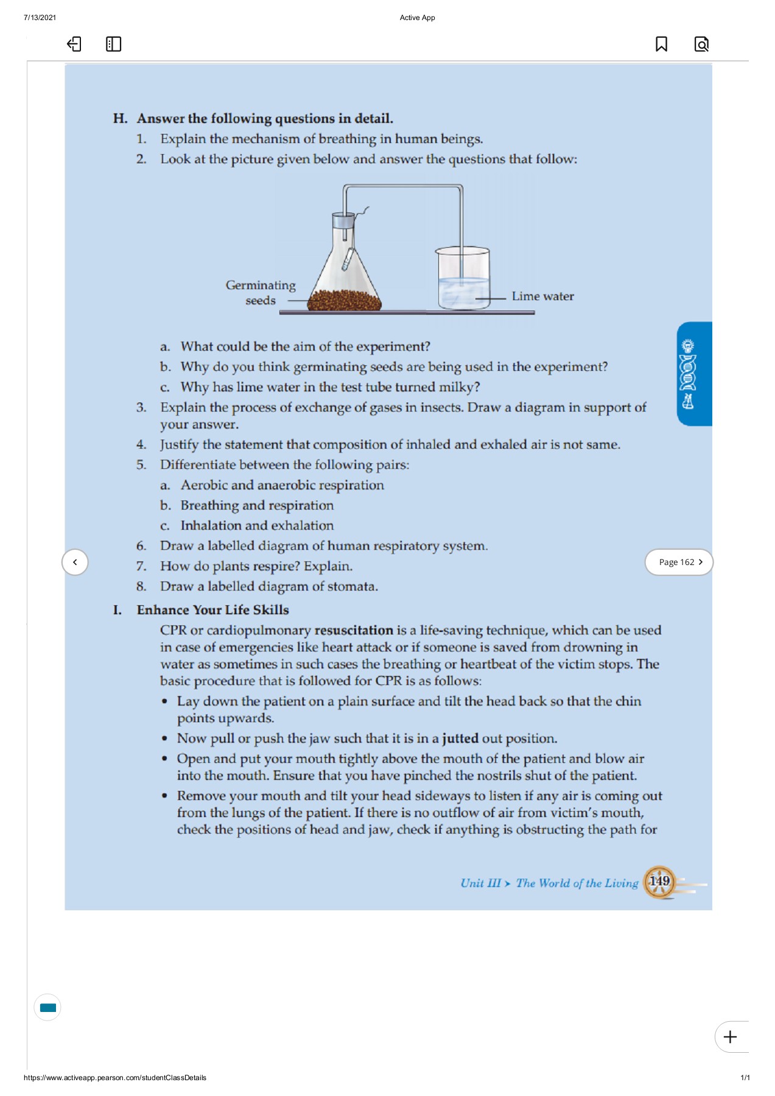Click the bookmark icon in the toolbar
click(x=661, y=44)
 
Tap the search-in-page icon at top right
click(x=701, y=44)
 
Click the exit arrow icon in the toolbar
click(x=74, y=44)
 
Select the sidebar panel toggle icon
click(x=113, y=44)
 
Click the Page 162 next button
click(x=679, y=562)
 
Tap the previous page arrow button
click(x=75, y=562)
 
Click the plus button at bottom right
click(x=730, y=1037)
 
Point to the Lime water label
click(x=542, y=297)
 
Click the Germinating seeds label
click(x=261, y=292)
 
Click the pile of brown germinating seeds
click(x=345, y=300)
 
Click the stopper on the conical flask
click(x=343, y=220)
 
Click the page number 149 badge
click(x=659, y=882)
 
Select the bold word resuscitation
click(x=354, y=630)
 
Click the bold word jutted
click(x=460, y=739)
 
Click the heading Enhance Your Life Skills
click(x=212, y=610)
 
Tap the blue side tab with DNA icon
click(x=693, y=374)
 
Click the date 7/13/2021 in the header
click(x=40, y=18)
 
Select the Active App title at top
click(x=417, y=18)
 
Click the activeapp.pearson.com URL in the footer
click(x=115, y=1078)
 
